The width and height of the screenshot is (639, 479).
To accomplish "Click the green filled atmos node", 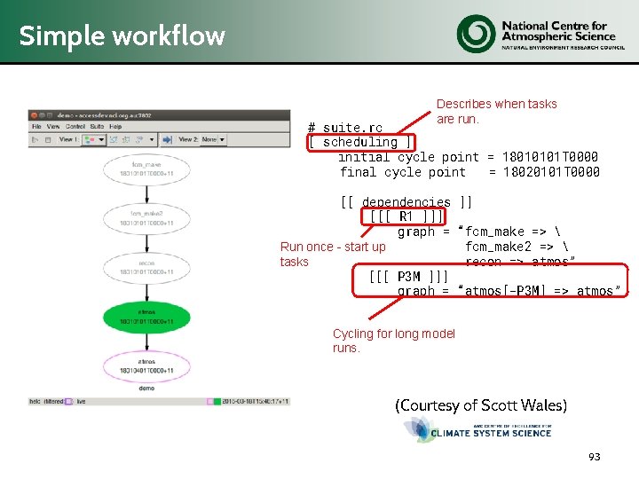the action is tap(146, 317).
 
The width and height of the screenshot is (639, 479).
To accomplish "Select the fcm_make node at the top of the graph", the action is tap(146, 169).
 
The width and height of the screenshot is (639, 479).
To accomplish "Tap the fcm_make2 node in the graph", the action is tap(146, 218).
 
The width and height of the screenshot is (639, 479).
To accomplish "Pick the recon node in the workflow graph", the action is tap(146, 267).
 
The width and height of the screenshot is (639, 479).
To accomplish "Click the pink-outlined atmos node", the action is tap(146, 365).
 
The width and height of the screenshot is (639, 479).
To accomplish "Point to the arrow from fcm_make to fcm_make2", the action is tap(146, 193).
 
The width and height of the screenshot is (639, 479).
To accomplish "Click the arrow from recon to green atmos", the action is tap(146, 292).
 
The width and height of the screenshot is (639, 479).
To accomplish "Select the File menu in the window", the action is tap(37, 127).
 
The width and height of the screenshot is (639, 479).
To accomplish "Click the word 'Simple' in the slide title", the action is tap(52, 36).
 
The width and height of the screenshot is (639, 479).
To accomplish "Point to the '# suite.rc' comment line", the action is tap(345, 128).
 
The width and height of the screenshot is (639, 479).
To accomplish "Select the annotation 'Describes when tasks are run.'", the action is tap(496, 111).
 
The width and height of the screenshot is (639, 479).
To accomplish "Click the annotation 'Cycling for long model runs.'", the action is tap(393, 341).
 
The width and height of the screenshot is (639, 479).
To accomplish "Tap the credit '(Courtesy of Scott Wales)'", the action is tap(480, 405).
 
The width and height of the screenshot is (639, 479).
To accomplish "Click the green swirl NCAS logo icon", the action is tap(477, 34).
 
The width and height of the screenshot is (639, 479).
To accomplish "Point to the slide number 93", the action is tap(594, 457).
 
